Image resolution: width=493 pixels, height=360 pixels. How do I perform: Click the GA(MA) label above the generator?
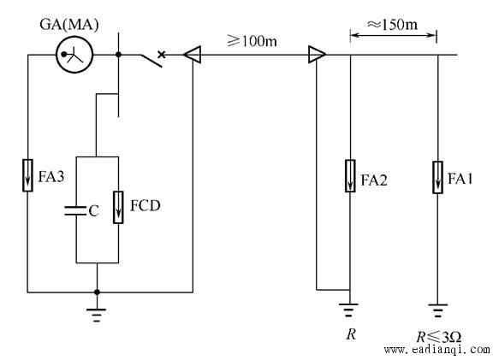click(x=69, y=25)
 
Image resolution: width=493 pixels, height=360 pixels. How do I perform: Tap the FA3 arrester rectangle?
click(x=27, y=175)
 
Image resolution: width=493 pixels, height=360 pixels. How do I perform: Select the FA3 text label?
click(x=51, y=176)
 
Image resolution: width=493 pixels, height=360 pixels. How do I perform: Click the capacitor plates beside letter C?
click(x=75, y=211)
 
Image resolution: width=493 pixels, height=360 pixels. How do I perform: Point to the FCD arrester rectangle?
click(x=118, y=207)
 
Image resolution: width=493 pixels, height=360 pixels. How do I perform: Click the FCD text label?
click(x=146, y=206)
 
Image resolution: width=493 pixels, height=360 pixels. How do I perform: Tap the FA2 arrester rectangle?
click(x=350, y=176)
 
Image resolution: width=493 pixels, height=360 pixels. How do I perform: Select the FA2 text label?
click(x=374, y=180)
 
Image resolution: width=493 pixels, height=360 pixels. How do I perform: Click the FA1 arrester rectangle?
click(x=437, y=178)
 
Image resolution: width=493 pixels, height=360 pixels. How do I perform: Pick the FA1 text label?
click(x=460, y=179)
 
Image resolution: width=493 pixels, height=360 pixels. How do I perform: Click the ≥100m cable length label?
click(x=252, y=41)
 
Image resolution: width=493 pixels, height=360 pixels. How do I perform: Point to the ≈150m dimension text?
click(x=392, y=24)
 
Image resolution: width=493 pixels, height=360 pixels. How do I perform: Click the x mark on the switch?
click(x=161, y=55)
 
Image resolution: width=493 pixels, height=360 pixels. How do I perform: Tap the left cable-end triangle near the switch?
click(x=192, y=55)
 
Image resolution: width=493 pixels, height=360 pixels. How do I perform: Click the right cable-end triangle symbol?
click(x=317, y=55)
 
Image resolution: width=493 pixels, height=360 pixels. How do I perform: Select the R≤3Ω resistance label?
click(x=439, y=337)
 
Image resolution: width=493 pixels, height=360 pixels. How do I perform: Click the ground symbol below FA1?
click(x=437, y=310)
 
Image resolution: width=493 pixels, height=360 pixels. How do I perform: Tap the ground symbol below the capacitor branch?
click(x=97, y=316)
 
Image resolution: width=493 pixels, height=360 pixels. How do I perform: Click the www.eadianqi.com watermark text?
click(x=437, y=350)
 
